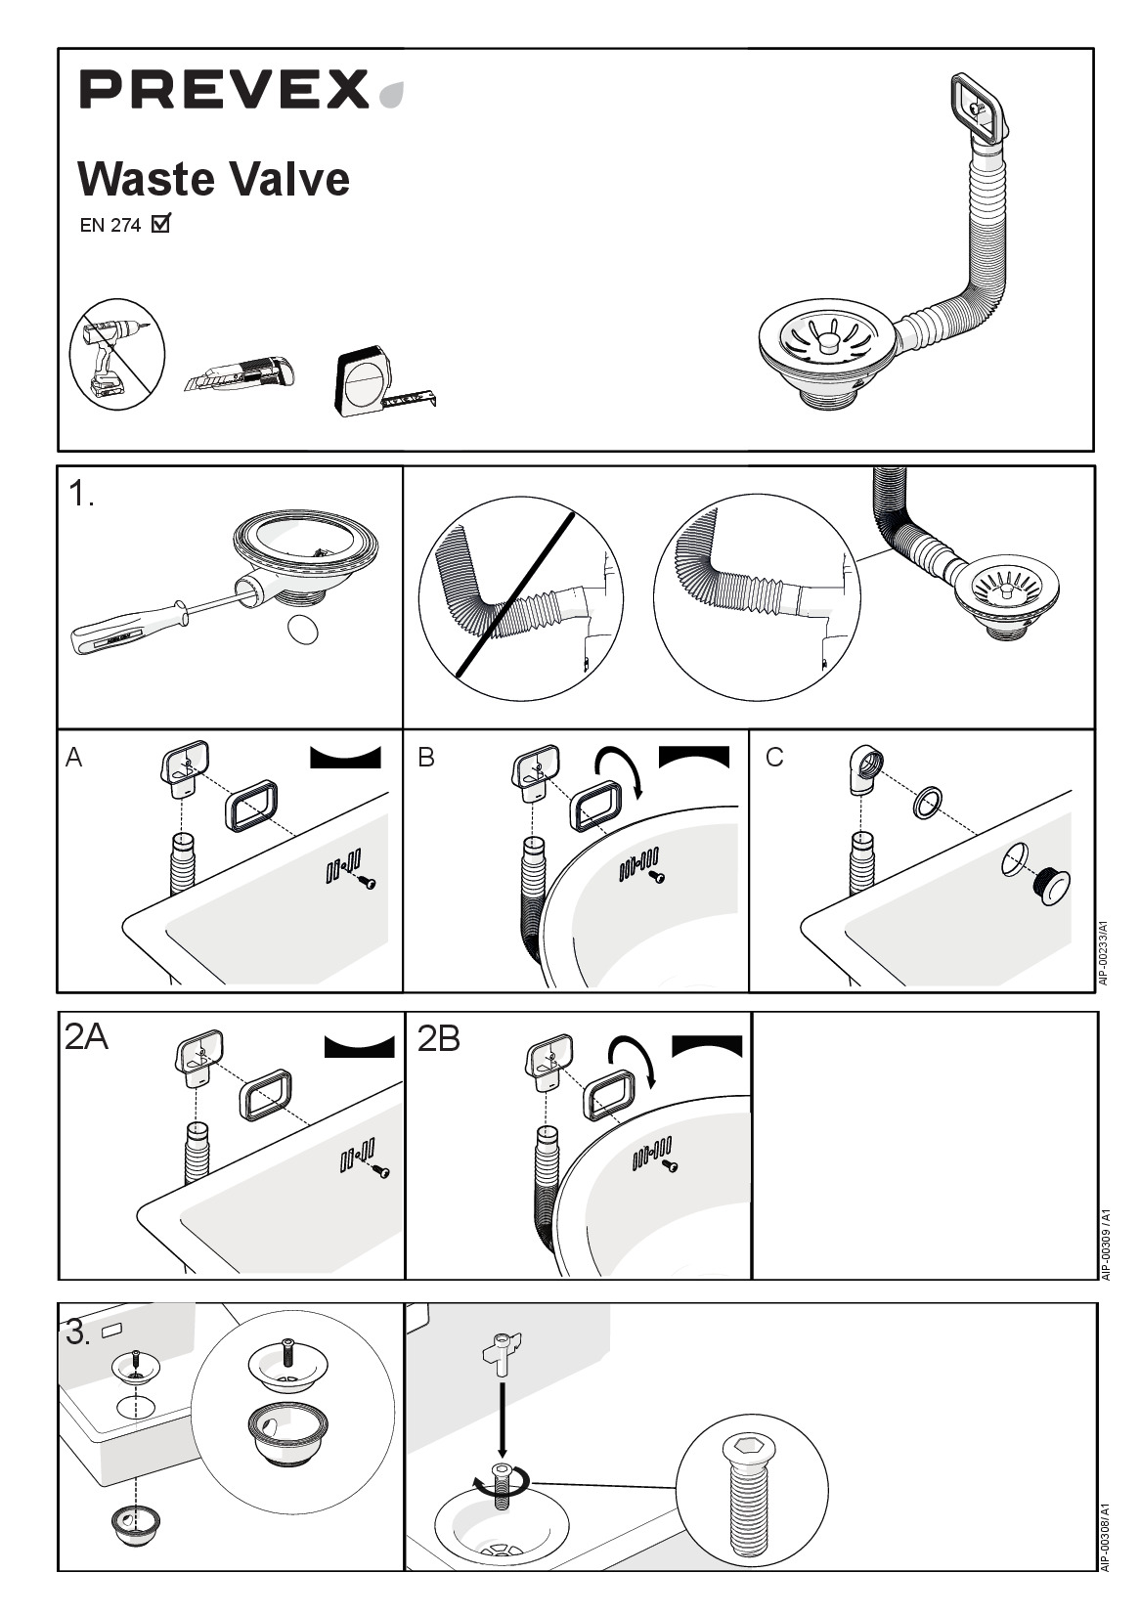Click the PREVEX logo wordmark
click(224, 90)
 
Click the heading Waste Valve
click(214, 178)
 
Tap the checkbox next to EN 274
click(161, 224)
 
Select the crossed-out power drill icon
click(117, 355)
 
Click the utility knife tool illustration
click(240, 373)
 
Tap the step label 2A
click(86, 1037)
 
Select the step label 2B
click(439, 1039)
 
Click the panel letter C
click(774, 758)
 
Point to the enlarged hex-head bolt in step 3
click(752, 1491)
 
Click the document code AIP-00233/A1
click(1103, 953)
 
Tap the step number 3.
click(78, 1333)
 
